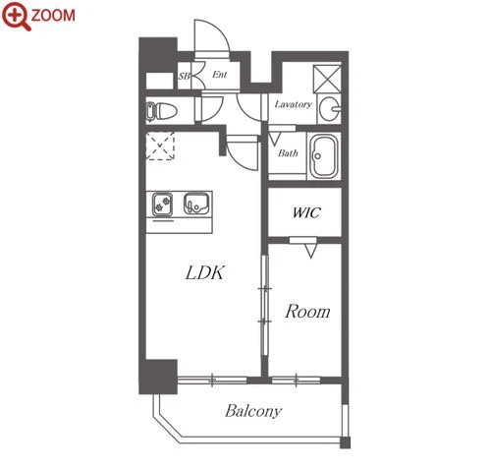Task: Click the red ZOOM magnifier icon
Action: click(x=16, y=16)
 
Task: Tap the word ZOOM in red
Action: click(x=53, y=16)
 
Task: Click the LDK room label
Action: click(x=205, y=272)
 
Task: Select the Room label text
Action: click(x=307, y=312)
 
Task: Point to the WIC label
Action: click(x=306, y=212)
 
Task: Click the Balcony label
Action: click(x=253, y=411)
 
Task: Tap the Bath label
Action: click(x=288, y=153)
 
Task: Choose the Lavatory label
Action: click(x=293, y=104)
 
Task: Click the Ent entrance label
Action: click(x=219, y=75)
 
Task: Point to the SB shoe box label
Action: click(x=184, y=76)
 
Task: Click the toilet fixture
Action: click(x=162, y=111)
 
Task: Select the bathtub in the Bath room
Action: click(x=324, y=156)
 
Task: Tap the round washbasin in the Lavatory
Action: click(x=329, y=108)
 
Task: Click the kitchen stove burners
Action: click(x=162, y=205)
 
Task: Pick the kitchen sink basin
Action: click(x=196, y=204)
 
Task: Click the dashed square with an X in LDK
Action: click(x=160, y=146)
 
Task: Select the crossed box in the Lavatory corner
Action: click(x=327, y=79)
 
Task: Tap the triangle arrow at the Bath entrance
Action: click(x=274, y=139)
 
